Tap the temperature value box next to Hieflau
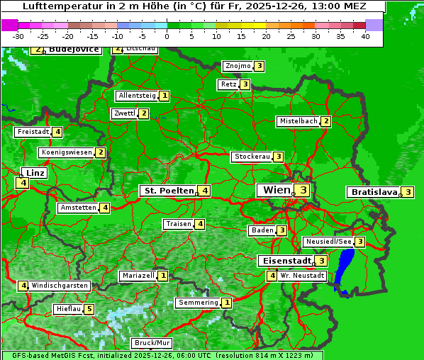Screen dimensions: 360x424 pos(89,309)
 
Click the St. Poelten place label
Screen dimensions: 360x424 pos(169,191)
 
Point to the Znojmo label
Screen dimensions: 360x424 pos(238,66)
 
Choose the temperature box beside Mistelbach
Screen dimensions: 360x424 pos(325,121)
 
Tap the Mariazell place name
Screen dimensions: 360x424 pos(138,276)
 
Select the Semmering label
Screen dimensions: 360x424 pos(198,303)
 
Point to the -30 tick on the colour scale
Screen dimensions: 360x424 pos(18,36)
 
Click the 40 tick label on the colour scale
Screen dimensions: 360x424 pos(365,36)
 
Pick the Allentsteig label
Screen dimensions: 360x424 pos(137,96)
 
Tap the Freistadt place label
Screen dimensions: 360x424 pos(33,132)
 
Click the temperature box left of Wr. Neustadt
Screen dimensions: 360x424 pos(272,275)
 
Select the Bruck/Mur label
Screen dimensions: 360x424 pos(152,343)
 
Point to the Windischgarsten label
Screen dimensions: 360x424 pos(60,286)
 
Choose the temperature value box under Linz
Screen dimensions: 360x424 pos(23,183)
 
